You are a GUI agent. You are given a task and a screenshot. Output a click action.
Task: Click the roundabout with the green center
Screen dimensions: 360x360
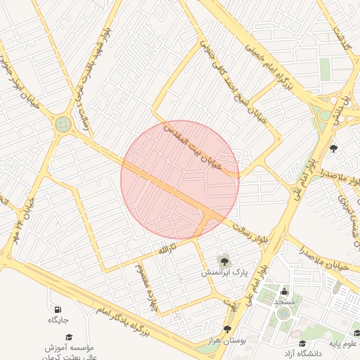pyautogui.click(x=63, y=124)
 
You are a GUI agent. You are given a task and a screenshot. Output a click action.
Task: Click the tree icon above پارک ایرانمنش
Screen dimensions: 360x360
pyautogui.click(x=224, y=261)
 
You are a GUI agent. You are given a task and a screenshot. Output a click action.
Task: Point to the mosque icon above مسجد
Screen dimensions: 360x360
pyautogui.click(x=284, y=291)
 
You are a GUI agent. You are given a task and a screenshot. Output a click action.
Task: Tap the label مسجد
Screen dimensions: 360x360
pyautogui.click(x=284, y=302)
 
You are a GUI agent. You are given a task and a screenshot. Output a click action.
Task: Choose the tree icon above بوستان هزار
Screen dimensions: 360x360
pyautogui.click(x=227, y=329)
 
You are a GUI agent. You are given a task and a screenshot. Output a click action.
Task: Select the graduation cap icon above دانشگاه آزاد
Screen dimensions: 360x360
pyautogui.click(x=302, y=342)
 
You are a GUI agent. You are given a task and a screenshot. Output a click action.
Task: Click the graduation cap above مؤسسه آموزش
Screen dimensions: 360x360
pyautogui.click(x=69, y=337)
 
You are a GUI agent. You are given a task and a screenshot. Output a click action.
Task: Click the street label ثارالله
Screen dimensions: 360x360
pyautogui.click(x=165, y=250)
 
